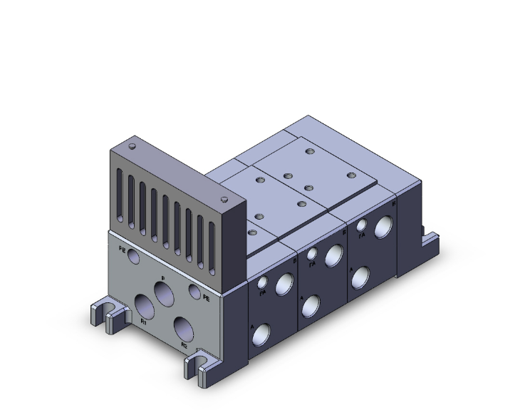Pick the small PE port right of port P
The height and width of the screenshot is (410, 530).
pyautogui.click(x=194, y=290)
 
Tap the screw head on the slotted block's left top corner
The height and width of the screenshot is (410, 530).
pyautogui.click(x=132, y=146)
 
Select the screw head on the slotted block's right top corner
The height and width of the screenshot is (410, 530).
pyautogui.click(x=224, y=199)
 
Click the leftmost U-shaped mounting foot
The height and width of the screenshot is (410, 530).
pyautogui.click(x=98, y=314)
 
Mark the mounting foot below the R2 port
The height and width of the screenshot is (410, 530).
pyautogui.click(x=196, y=366)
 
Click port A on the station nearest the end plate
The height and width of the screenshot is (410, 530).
pyautogui.click(x=264, y=333)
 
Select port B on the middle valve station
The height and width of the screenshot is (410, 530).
pyautogui.click(x=333, y=254)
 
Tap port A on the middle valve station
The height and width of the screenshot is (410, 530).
pyautogui.click(x=311, y=305)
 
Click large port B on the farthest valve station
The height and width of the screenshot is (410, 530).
pyautogui.click(x=383, y=227)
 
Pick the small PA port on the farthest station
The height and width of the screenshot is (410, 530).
pyautogui.click(x=362, y=226)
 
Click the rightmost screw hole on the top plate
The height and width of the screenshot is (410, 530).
pyautogui.click(x=350, y=175)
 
